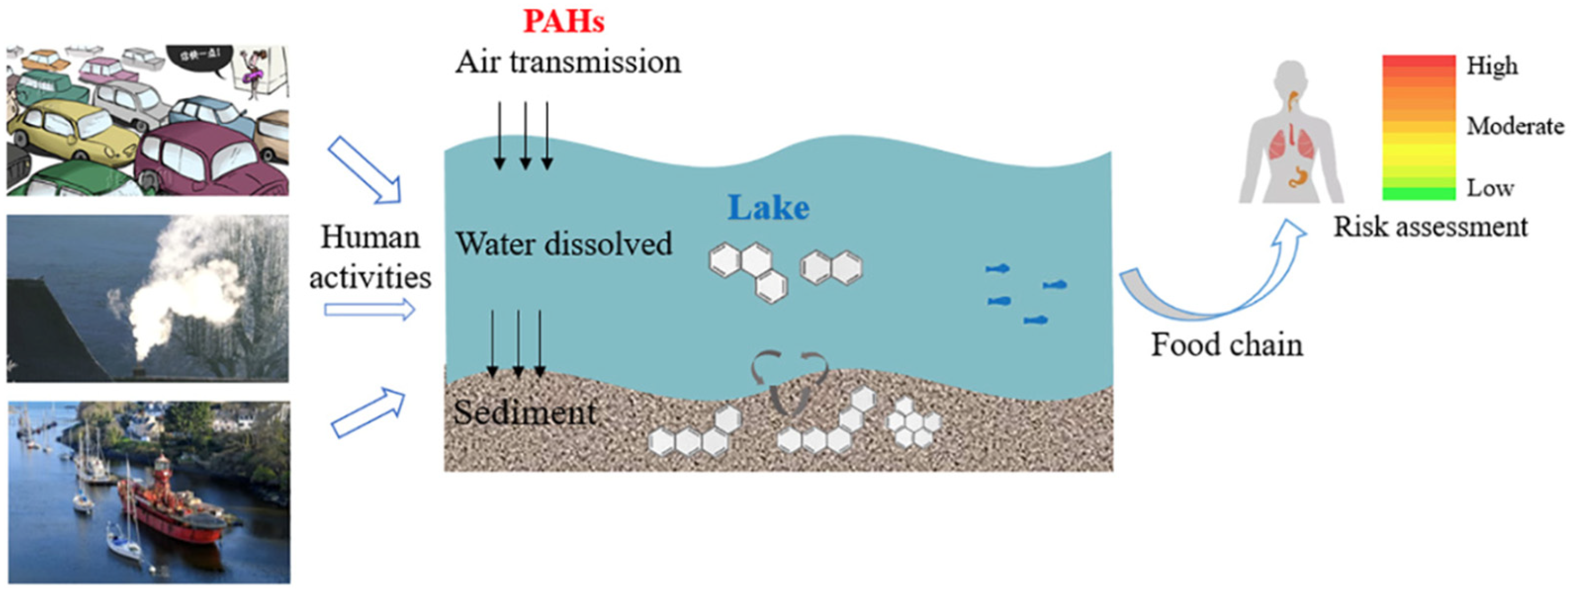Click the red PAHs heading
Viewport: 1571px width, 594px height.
(563, 22)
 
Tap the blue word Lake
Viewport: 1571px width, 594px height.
(768, 208)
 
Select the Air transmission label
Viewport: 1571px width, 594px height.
(568, 62)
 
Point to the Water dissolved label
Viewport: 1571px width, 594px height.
(564, 244)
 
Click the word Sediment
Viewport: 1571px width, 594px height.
(524, 412)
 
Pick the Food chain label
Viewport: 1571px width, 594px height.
(1226, 345)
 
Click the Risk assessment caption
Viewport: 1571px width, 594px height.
(1430, 227)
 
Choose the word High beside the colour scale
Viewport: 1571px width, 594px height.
(1492, 66)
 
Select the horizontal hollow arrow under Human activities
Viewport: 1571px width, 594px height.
(369, 310)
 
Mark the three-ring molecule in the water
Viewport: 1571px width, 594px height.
(748, 272)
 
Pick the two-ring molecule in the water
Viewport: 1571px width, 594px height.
(831, 267)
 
